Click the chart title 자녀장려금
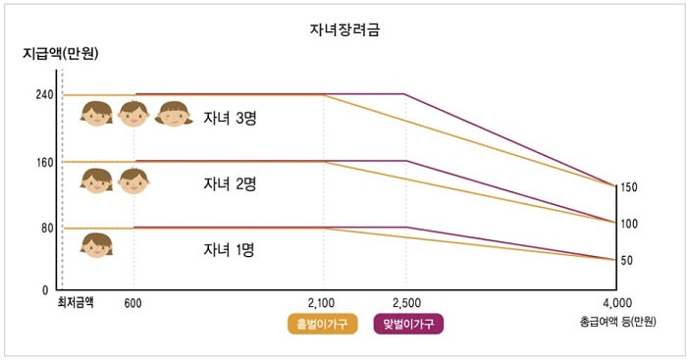coord(343,29)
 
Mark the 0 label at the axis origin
coord(45,290)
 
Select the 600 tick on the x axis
coord(134,302)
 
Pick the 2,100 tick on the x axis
coord(323,302)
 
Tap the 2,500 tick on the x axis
coord(406,302)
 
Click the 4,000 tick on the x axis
coord(617,302)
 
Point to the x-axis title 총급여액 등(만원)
coord(617,322)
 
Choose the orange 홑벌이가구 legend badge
coord(322,323)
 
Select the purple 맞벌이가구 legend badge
coord(409,323)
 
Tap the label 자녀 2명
coord(230,183)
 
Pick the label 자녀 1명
coord(230,249)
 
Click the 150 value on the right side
coord(629,187)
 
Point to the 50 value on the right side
coord(626,260)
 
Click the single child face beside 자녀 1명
coord(96,244)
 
